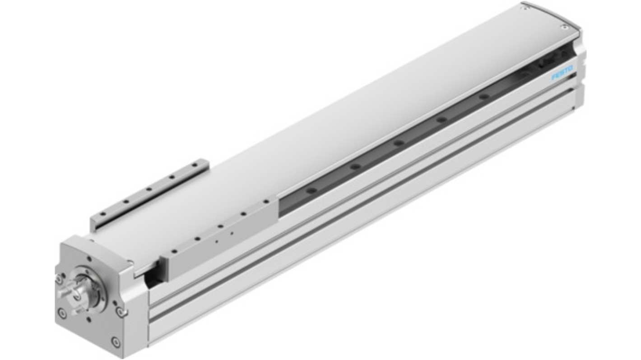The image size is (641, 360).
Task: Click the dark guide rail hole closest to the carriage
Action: click(311, 190)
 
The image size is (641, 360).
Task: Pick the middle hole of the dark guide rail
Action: click(398, 143)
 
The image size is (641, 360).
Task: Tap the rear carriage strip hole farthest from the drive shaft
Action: click(195, 165)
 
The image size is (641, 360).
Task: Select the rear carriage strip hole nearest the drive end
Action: click(103, 214)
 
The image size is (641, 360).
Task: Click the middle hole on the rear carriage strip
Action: click(149, 189)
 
